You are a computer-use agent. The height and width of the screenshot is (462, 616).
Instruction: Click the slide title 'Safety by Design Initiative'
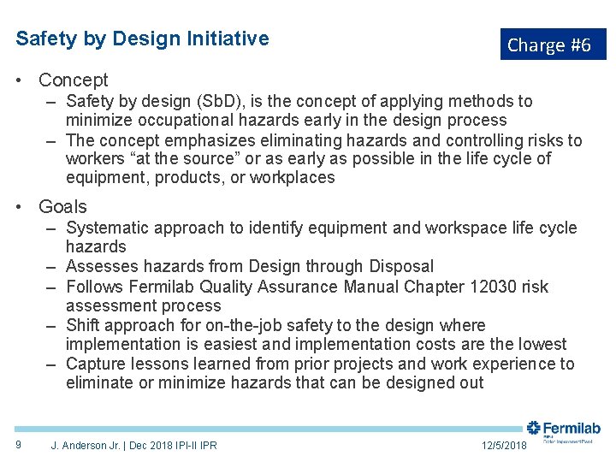[142, 38]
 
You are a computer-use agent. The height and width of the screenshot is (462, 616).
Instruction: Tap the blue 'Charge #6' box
[549, 44]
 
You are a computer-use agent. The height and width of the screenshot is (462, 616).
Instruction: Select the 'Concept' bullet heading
[74, 80]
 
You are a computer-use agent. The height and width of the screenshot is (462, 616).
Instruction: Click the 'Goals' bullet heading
[62, 206]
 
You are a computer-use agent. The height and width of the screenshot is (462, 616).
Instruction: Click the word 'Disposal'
[401, 267]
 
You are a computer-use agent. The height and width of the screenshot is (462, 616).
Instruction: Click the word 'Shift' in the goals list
[83, 326]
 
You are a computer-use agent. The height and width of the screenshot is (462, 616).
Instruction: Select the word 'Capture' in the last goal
[96, 364]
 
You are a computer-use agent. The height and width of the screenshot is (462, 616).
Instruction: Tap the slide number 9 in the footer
[19, 444]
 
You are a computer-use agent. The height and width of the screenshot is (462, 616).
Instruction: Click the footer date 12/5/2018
[504, 445]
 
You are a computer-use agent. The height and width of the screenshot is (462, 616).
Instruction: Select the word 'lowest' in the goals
[541, 345]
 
